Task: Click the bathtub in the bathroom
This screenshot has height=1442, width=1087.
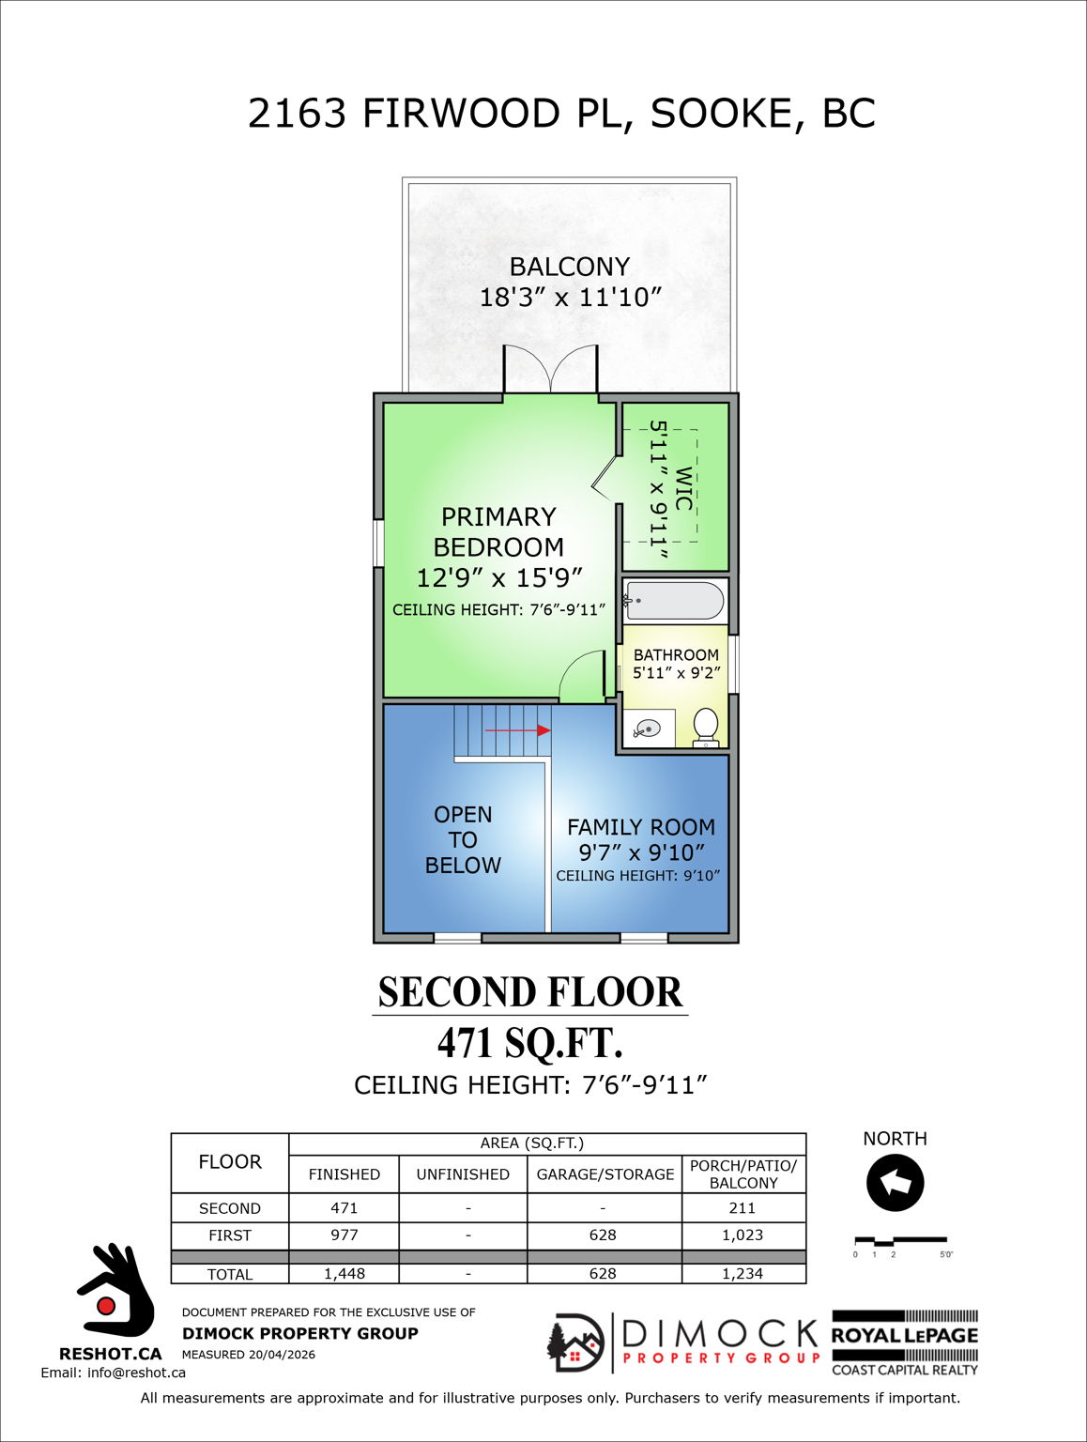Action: [675, 601]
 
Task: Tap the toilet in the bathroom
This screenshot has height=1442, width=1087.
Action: [705, 726]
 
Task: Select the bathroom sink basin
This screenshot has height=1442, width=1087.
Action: [648, 729]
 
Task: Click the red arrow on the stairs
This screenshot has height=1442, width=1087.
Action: [517, 729]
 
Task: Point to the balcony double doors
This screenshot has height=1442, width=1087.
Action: [550, 370]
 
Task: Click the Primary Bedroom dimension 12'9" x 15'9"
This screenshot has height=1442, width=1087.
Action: [499, 577]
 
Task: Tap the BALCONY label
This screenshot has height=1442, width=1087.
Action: [570, 267]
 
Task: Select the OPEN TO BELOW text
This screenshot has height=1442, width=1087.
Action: [463, 839]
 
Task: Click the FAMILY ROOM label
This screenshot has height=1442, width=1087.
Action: [641, 827]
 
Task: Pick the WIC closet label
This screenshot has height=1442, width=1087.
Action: [683, 488]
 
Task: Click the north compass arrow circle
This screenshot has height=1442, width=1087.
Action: [895, 1183]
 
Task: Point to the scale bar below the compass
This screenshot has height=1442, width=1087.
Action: [900, 1242]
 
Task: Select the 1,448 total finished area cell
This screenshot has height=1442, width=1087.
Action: [344, 1274]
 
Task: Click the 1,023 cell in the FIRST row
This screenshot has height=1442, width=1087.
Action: [743, 1235]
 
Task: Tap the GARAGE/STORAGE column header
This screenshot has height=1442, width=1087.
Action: [605, 1174]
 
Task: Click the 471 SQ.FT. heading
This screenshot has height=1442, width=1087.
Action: [530, 1043]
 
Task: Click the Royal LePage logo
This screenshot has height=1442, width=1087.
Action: [905, 1342]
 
